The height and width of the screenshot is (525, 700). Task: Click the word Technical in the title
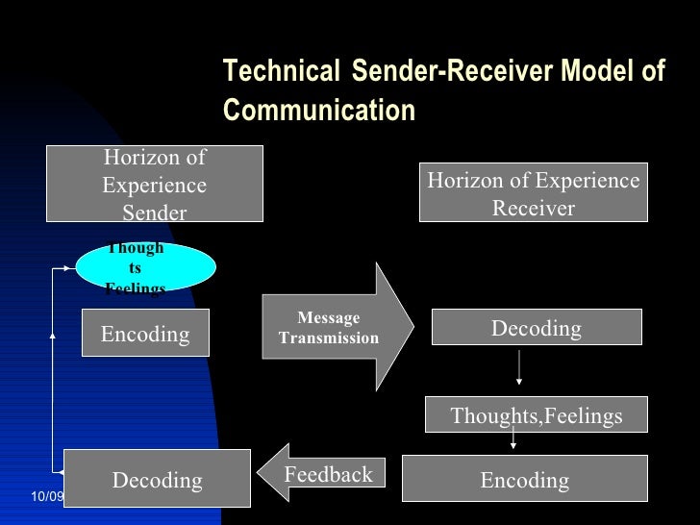coord(281,72)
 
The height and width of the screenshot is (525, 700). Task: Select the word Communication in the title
coord(319,111)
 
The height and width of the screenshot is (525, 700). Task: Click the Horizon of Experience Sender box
coord(154,184)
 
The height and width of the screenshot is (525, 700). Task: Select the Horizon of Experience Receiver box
coord(534,193)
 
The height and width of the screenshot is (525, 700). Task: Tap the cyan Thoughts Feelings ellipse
coord(145,267)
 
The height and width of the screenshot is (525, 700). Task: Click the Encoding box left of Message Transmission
coord(145,333)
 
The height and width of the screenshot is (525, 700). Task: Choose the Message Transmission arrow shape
coord(337,327)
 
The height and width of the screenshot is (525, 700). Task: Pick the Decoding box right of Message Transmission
coord(536,327)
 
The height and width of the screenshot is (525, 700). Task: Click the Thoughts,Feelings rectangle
coord(536,415)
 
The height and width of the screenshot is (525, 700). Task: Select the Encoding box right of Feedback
coord(524,479)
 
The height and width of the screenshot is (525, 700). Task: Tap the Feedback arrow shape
coord(320,474)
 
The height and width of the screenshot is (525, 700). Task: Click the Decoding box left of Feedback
coord(157,479)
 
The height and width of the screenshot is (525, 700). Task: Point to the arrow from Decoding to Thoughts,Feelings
coord(519,367)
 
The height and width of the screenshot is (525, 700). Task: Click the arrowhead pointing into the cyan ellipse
coord(71,269)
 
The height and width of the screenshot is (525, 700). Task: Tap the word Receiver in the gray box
coord(534,208)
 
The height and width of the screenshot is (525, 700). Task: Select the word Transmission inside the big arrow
coord(329,338)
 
